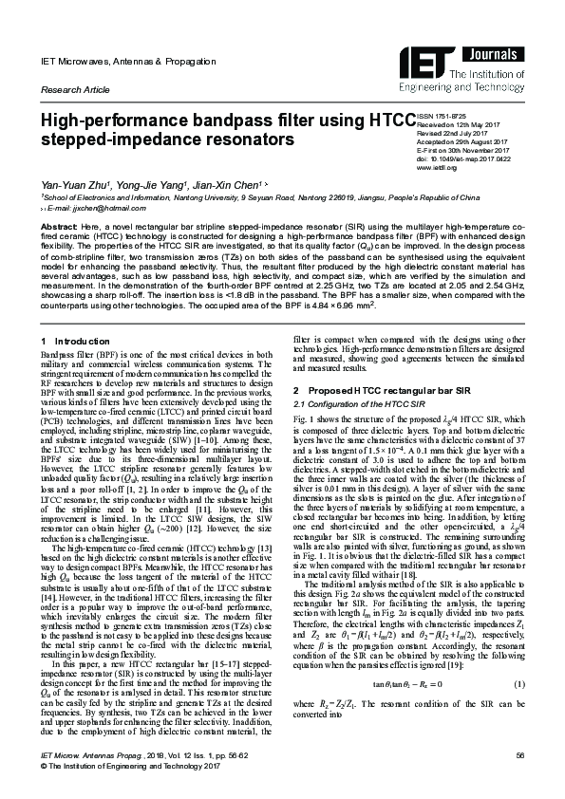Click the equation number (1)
click(x=519, y=712)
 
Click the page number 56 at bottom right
click(x=519, y=781)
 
